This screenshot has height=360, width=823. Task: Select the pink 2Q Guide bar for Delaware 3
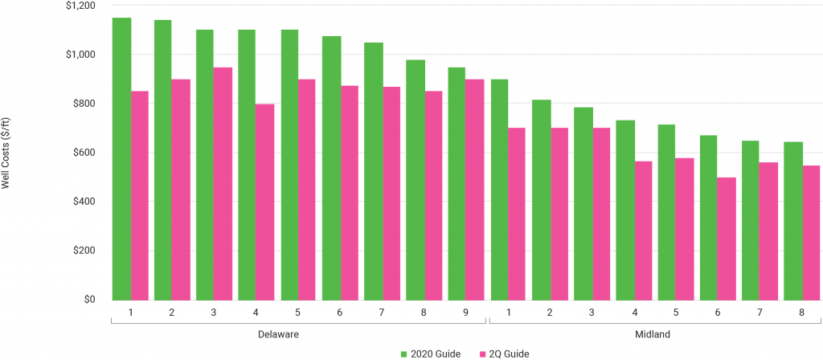(223, 184)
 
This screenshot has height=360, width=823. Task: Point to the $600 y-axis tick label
(82, 153)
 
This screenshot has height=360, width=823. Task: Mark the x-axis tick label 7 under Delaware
(383, 312)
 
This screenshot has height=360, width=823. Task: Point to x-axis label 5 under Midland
(674, 312)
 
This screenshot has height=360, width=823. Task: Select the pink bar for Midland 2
(559, 214)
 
